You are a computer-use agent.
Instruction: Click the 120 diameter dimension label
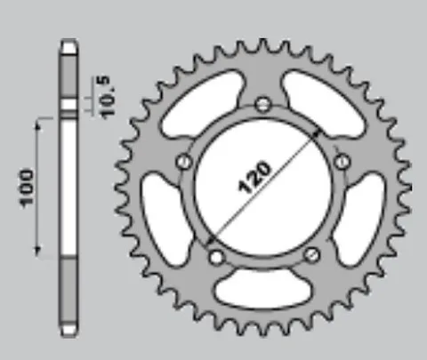(x=254, y=178)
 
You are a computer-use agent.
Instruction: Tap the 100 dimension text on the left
(x=26, y=188)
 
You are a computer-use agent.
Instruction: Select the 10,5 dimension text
(x=108, y=97)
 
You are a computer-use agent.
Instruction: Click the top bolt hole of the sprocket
(x=263, y=104)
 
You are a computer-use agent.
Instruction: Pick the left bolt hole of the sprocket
(x=184, y=162)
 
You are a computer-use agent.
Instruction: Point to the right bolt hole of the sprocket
(x=342, y=162)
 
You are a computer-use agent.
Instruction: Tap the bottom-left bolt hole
(x=216, y=257)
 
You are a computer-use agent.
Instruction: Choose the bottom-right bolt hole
(x=312, y=255)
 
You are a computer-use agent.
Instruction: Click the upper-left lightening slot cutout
(x=203, y=103)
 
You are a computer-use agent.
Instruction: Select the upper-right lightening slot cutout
(x=323, y=103)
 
